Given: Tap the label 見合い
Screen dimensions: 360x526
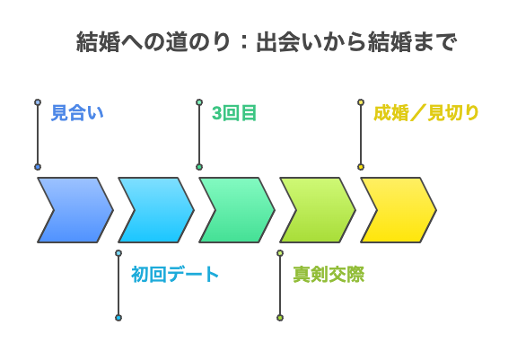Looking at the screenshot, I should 78,113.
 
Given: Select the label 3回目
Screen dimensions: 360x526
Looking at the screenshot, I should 234,113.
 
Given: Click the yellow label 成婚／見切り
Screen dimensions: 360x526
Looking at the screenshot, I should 426,113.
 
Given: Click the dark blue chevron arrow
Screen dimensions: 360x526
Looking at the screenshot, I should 74,210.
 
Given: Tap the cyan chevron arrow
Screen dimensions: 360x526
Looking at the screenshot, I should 154,210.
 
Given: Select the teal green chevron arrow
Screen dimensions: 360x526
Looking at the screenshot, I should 235,210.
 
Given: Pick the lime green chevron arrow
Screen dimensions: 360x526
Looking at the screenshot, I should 316,210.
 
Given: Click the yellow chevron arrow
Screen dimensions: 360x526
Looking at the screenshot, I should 397,210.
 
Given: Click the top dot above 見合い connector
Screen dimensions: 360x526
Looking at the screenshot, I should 38,102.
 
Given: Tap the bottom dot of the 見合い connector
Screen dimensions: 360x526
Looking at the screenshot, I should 38,167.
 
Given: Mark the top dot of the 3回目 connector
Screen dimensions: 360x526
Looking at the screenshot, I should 199,102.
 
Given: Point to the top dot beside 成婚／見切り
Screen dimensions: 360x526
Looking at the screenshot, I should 361,102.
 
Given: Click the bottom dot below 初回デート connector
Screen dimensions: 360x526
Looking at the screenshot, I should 118,318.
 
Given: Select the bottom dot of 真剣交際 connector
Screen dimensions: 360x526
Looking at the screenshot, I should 280,318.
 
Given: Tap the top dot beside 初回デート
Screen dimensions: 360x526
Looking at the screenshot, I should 118,253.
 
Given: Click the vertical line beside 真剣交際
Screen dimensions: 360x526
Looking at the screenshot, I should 280,285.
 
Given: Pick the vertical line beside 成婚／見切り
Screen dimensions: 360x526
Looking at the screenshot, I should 361,135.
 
